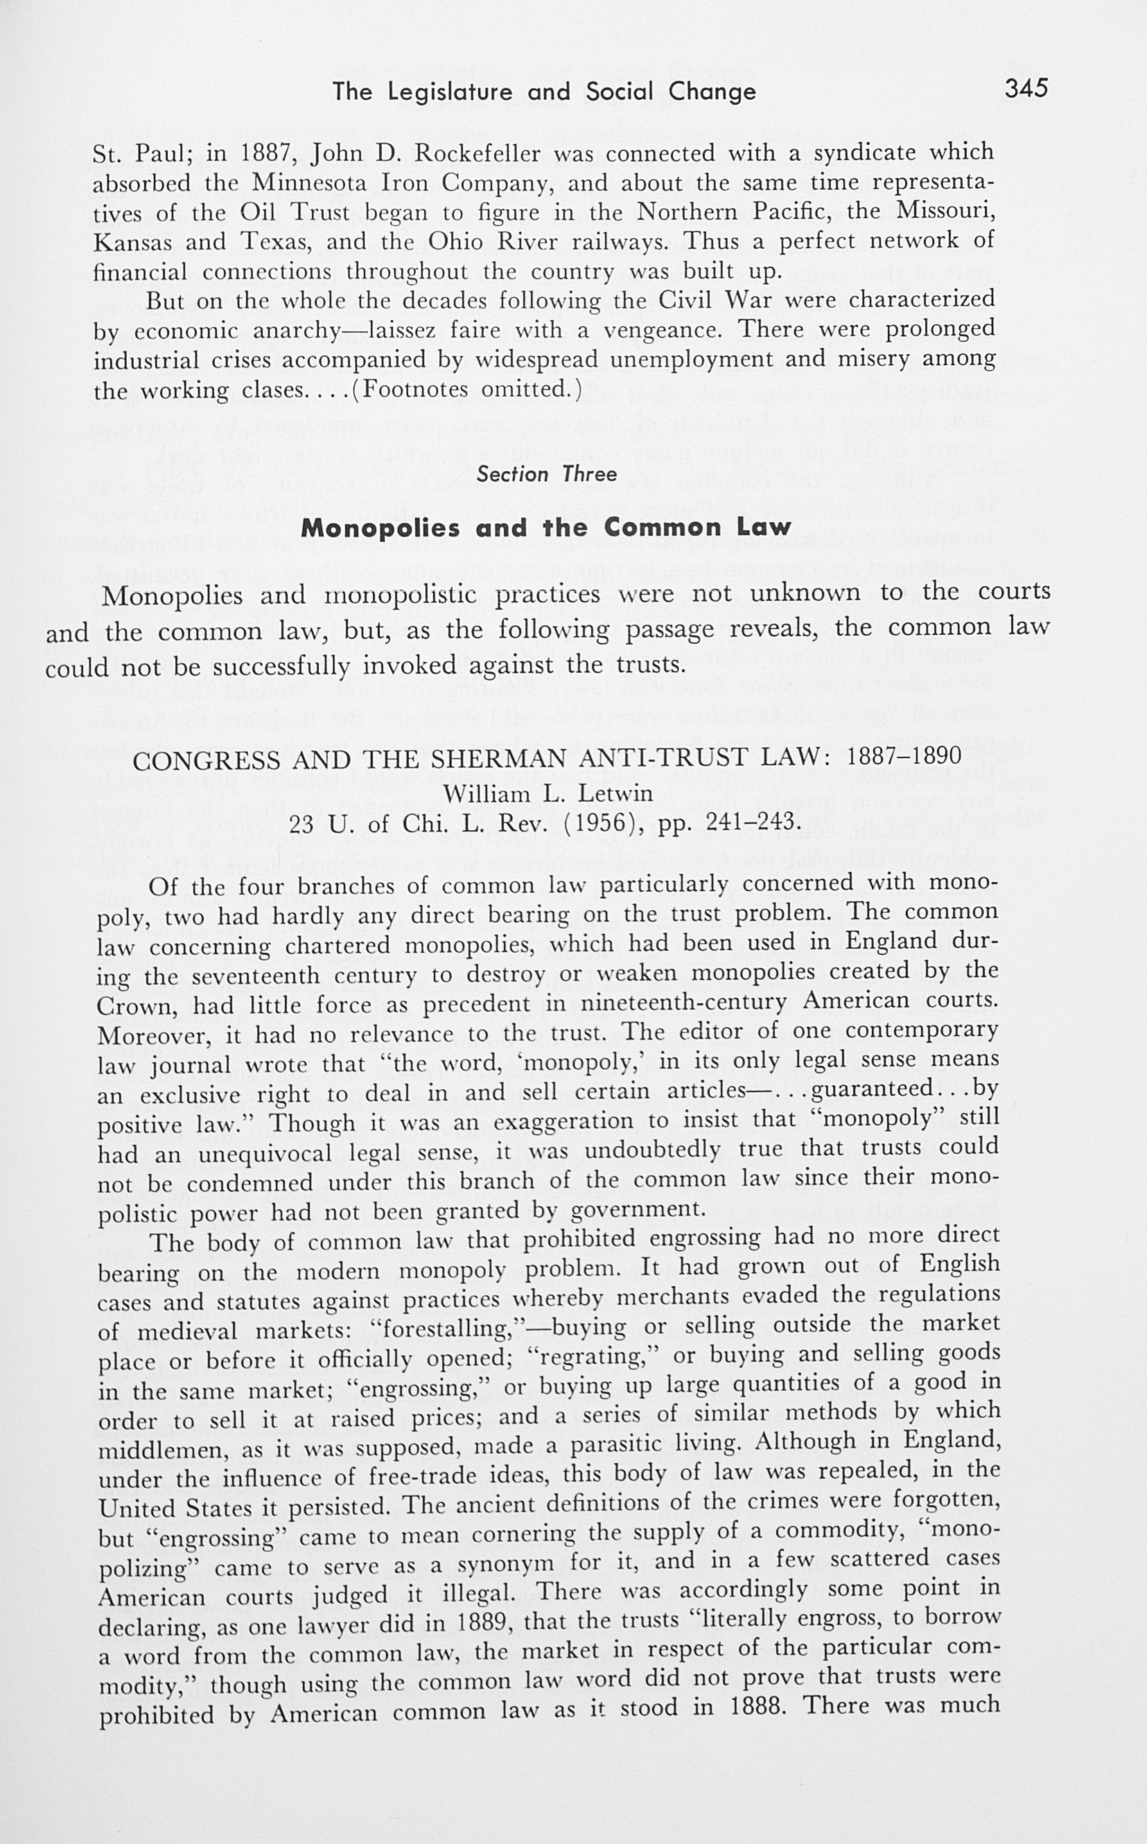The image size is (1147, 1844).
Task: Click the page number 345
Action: click(x=1026, y=89)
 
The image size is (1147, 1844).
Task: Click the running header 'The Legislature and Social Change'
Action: click(x=544, y=91)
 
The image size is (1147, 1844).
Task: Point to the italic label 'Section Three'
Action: click(x=546, y=474)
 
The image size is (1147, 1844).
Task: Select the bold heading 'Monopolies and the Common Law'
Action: click(x=545, y=527)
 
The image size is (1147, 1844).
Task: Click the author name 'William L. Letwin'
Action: click(x=548, y=793)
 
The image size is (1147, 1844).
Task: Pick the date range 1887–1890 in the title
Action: click(x=904, y=755)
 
